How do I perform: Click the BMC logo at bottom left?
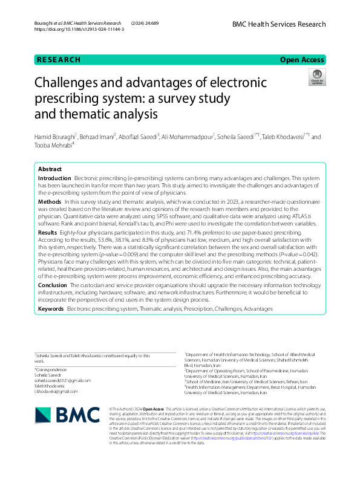click(x=67, y=414)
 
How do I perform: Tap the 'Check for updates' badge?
click(x=316, y=76)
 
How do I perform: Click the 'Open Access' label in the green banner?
click(x=303, y=60)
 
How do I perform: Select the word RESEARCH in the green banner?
click(x=59, y=60)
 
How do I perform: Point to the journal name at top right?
click(x=279, y=24)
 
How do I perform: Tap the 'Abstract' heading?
click(x=50, y=169)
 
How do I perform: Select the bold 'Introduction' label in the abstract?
click(x=54, y=179)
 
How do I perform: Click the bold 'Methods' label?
click(x=49, y=201)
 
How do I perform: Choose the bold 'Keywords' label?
click(x=51, y=308)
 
